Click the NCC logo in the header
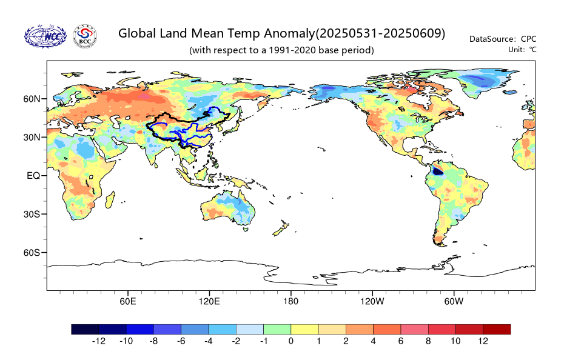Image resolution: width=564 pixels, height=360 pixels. point(45,36)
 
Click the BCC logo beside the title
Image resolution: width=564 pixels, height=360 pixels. point(85,36)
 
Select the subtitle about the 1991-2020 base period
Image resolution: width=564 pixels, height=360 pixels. point(281,50)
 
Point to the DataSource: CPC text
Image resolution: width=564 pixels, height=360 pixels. point(503,39)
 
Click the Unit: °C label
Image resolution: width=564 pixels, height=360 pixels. point(522,50)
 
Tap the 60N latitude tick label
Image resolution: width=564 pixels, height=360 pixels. point(32,99)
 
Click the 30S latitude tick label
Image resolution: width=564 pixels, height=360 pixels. point(32,215)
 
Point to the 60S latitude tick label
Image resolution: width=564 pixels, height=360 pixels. point(32,253)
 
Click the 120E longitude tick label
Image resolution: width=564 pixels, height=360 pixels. point(209,301)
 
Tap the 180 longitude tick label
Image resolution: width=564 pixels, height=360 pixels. point(290,301)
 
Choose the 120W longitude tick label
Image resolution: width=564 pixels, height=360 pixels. point(372,301)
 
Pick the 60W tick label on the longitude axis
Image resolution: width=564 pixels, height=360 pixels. point(454,301)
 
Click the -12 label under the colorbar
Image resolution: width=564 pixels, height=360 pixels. point(99,341)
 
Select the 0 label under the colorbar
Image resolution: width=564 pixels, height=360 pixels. point(290,341)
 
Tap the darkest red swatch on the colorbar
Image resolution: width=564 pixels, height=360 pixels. point(497,330)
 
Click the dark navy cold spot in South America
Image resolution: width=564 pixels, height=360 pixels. point(437,172)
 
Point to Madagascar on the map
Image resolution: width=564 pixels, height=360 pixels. point(110,199)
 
